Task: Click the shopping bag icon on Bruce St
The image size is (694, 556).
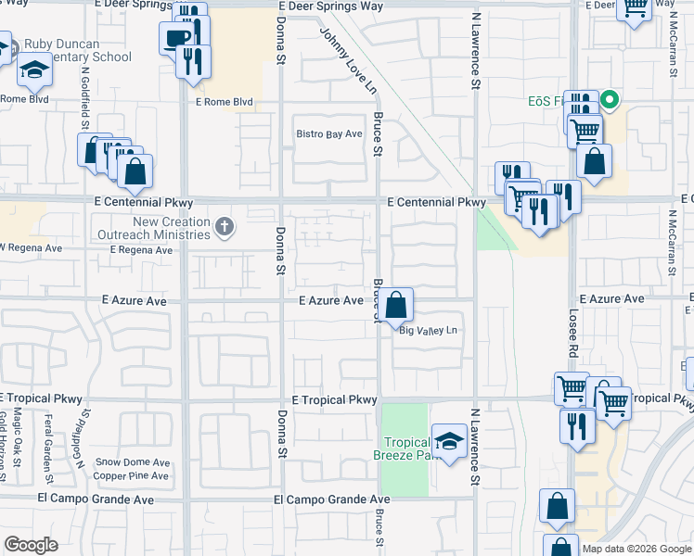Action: [x=395, y=303]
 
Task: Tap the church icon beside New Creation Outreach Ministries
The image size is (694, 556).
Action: [x=223, y=226]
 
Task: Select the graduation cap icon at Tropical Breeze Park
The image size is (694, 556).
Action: [x=449, y=443]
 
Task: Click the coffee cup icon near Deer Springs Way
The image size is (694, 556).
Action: [x=176, y=38]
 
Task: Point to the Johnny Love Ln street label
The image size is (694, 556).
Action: [x=348, y=61]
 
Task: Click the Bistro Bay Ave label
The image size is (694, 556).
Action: [x=328, y=134]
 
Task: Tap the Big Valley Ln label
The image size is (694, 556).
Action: [x=429, y=330]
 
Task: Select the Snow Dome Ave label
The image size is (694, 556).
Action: [x=133, y=462]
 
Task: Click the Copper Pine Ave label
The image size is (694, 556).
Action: [x=133, y=476]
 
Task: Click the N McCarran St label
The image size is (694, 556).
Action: [x=672, y=242]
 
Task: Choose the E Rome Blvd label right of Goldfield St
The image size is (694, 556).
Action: [x=223, y=102]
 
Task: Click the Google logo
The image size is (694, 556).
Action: [x=31, y=545]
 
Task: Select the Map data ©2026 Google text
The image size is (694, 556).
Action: [x=636, y=549]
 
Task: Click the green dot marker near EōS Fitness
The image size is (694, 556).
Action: [x=610, y=99]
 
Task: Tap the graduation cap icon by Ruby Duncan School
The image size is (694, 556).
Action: [x=34, y=69]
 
